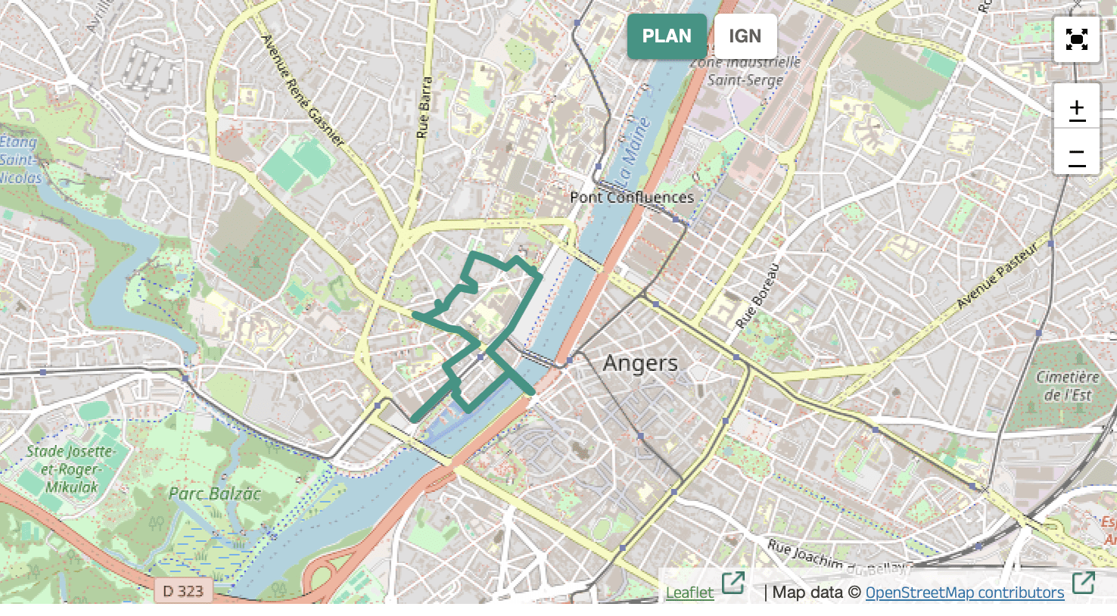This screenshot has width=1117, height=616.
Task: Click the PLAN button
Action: (x=666, y=36)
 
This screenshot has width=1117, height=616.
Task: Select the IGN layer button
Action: (x=745, y=36)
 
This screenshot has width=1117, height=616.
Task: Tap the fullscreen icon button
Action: (x=1076, y=39)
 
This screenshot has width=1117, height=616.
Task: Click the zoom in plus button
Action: (x=1076, y=108)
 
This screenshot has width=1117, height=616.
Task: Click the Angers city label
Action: (x=640, y=363)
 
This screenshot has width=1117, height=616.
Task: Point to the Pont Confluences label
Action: (x=631, y=198)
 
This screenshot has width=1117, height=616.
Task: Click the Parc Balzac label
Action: (x=214, y=494)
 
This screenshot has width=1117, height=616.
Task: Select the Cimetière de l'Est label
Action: (x=1067, y=386)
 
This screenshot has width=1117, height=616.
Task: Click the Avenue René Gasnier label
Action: (x=303, y=90)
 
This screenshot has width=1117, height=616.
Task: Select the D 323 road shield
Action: (x=183, y=591)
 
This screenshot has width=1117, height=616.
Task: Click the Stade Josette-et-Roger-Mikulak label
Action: (x=70, y=469)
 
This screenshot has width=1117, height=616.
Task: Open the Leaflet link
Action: (x=689, y=593)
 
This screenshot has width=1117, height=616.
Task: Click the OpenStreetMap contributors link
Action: (x=964, y=593)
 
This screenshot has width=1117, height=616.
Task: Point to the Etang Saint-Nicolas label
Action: (x=20, y=160)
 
